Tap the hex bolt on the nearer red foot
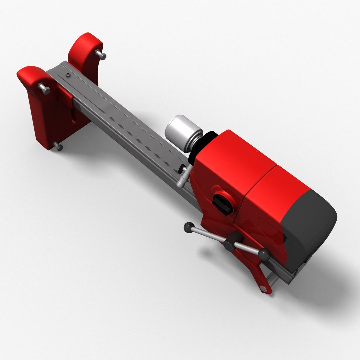click(44, 89)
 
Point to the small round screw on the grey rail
click(68, 74)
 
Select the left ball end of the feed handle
click(189, 227)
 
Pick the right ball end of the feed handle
click(264, 255)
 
